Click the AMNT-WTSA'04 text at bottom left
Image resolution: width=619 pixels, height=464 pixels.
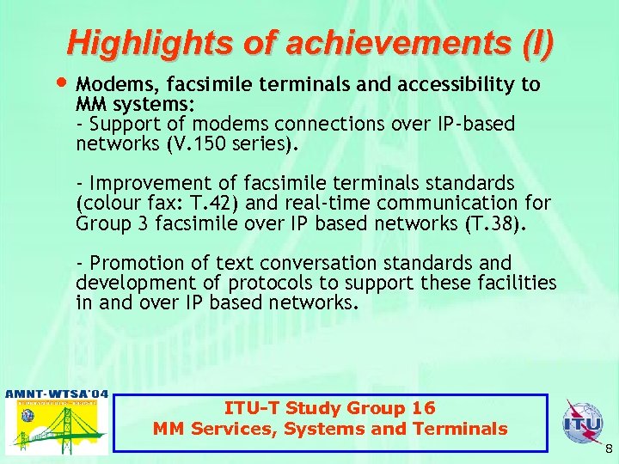pyautogui.click(x=57, y=394)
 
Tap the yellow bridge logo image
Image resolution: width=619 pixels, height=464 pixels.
pyautogui.click(x=57, y=427)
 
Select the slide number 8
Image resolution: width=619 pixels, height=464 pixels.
pyautogui.click(x=607, y=449)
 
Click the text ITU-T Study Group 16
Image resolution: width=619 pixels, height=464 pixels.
pyautogui.click(x=330, y=408)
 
